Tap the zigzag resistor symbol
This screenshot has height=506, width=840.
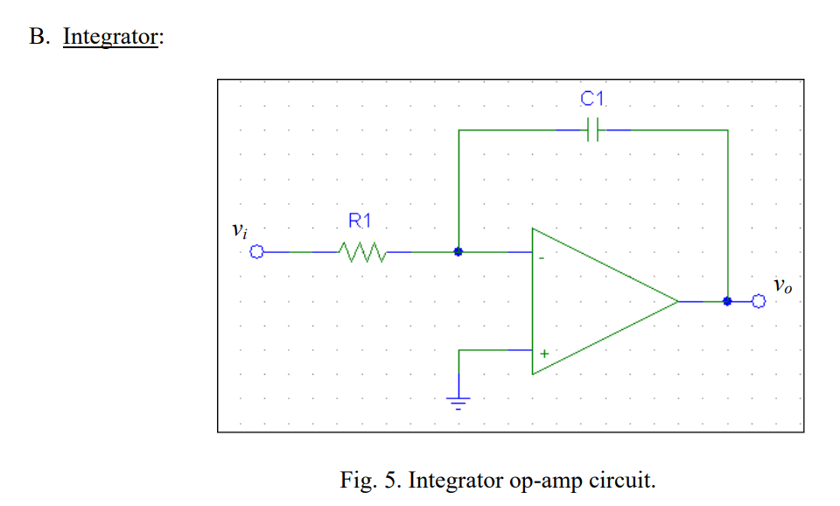tap(361, 252)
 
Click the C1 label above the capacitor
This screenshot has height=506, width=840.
tap(593, 100)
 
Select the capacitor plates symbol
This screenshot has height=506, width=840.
tap(593, 130)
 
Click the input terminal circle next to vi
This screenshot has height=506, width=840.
tap(256, 252)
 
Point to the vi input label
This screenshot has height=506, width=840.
tap(239, 232)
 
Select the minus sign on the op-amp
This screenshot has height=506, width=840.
tap(542, 258)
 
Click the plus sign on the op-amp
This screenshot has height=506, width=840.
tap(543, 354)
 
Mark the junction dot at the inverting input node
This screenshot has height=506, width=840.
tap(458, 252)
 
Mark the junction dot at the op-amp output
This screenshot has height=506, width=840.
tap(727, 301)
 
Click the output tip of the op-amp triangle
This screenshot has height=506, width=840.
tap(677, 301)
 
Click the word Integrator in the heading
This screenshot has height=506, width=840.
tap(110, 39)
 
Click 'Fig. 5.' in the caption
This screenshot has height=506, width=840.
tap(371, 481)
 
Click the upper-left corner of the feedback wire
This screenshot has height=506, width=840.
tap(458, 130)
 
